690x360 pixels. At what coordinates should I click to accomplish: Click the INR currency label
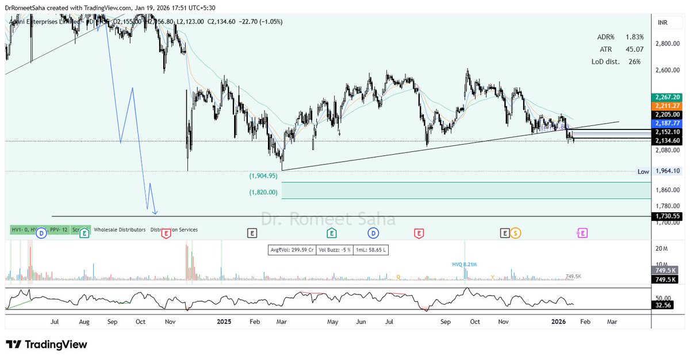click(x=662, y=22)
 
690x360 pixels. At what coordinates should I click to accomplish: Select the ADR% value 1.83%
click(x=635, y=37)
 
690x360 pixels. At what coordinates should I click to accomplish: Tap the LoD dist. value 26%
click(x=635, y=62)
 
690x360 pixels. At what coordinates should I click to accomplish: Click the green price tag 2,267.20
click(x=667, y=97)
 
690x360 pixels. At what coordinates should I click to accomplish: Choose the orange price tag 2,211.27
click(x=667, y=106)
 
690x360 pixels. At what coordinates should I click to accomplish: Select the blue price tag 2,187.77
click(x=667, y=123)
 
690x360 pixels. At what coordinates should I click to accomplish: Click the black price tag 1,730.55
click(x=667, y=216)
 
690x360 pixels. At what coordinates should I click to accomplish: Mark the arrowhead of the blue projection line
click(x=155, y=213)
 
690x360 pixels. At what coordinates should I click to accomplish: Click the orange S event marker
click(x=516, y=233)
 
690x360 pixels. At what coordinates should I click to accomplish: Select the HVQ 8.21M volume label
click(x=465, y=264)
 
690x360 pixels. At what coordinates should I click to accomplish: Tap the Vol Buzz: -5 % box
click(x=331, y=250)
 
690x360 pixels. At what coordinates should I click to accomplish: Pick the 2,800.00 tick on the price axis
click(x=667, y=44)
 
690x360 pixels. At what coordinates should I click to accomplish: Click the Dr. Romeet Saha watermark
click(x=328, y=219)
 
